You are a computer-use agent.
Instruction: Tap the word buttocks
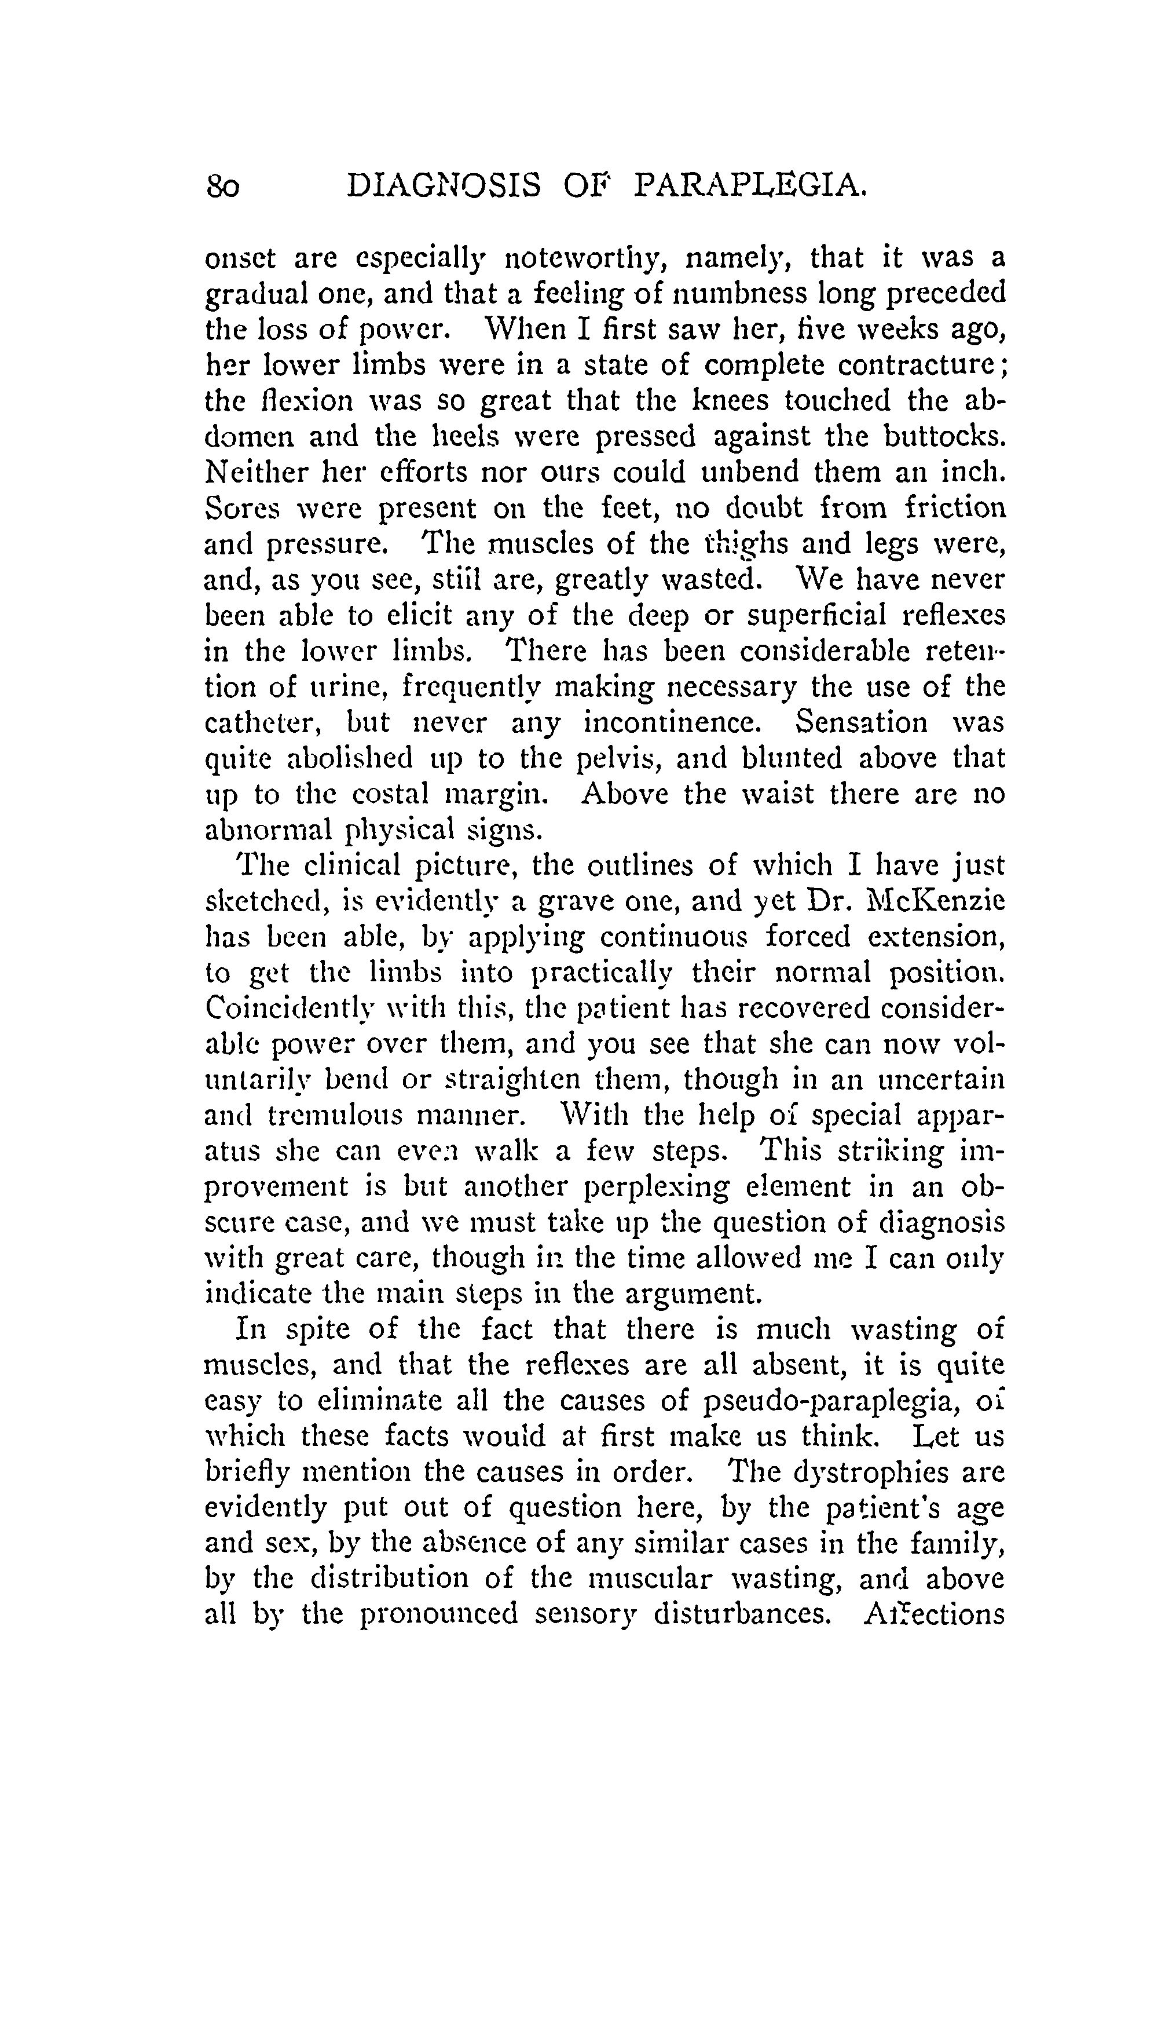(x=943, y=436)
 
